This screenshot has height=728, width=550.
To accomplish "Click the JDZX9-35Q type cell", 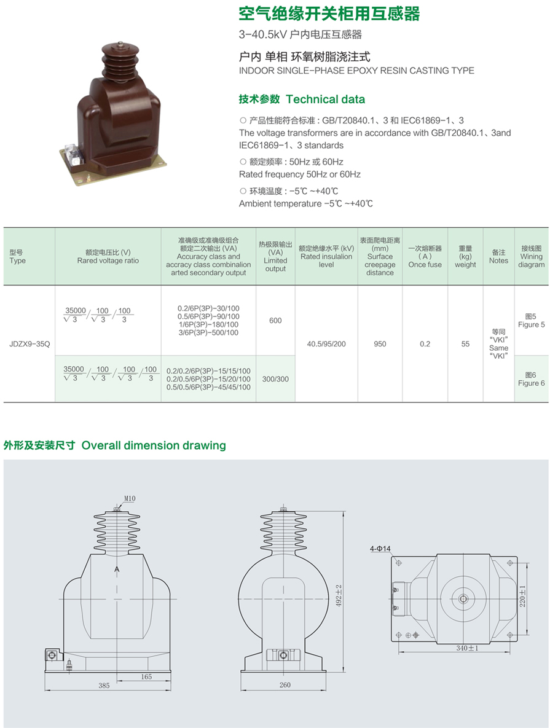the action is [x=29, y=344].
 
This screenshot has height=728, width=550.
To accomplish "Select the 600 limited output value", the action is [x=275, y=320].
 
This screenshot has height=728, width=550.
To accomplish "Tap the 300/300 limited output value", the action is [x=275, y=379].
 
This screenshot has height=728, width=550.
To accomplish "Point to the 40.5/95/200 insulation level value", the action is [x=326, y=344].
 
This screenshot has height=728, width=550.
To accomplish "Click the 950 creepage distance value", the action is [x=380, y=344].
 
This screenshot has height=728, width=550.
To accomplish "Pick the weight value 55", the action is [x=465, y=344].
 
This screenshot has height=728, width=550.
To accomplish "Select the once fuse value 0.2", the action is [x=425, y=344].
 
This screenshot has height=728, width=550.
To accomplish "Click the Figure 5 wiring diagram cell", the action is [x=532, y=320].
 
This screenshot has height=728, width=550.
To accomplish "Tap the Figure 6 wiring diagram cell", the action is [x=532, y=379].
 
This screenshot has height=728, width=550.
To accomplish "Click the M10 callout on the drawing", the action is [x=130, y=499].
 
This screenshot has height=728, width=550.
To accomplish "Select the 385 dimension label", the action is [x=104, y=685].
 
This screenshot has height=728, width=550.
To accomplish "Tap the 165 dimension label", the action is [x=146, y=677].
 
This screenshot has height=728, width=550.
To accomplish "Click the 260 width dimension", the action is [x=285, y=685].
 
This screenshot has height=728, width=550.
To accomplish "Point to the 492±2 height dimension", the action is [x=339, y=595].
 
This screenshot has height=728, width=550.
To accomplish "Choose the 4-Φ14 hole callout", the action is [x=380, y=549].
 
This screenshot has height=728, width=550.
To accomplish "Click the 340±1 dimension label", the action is [x=467, y=648].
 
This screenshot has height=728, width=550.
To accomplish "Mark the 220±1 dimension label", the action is [x=522, y=596].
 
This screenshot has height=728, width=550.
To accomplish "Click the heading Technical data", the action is [x=325, y=100].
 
